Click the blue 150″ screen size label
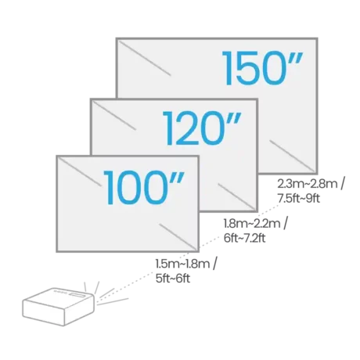(263, 68)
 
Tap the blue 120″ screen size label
(202, 128)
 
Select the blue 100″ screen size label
(144, 187)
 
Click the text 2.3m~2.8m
(307, 185)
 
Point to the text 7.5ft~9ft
(298, 199)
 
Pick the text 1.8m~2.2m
(252, 224)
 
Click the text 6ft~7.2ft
(244, 238)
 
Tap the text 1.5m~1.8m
(182, 264)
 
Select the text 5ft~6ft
(173, 279)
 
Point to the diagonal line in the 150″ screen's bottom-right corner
(292, 156)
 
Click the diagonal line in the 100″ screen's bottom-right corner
(178, 236)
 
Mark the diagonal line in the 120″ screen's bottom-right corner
(236, 196)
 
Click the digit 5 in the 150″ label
(244, 69)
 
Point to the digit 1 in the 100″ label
(110, 188)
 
